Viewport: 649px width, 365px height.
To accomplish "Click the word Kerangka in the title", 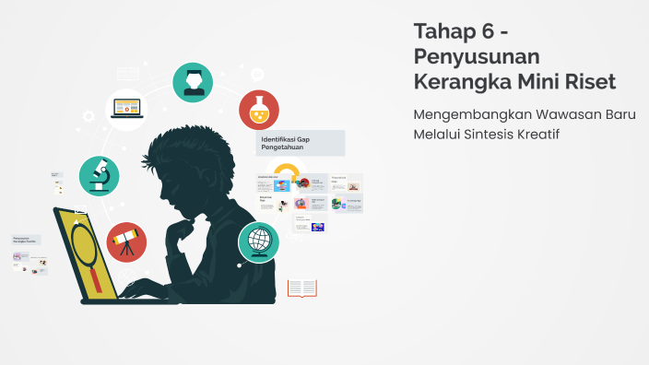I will point(457,81).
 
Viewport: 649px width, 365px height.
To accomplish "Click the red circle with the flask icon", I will point(259,110).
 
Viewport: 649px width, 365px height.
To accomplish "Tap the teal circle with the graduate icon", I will point(193,81).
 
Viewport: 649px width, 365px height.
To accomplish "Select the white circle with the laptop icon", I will point(129,108).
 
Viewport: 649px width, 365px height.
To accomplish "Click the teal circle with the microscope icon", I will point(99,175).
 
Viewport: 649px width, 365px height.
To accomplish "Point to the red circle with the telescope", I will point(126,242).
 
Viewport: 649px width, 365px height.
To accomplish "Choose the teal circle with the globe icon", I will point(258,242).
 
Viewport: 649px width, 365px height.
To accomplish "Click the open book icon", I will point(301,288).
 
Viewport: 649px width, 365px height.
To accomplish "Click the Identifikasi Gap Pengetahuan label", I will point(300,143).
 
